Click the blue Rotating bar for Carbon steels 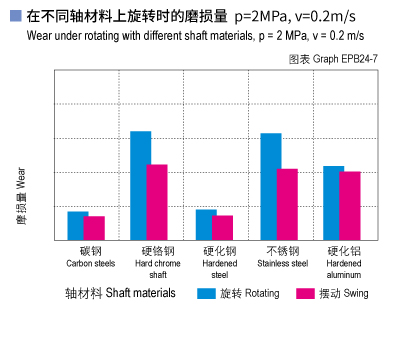click(78, 226)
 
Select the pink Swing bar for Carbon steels click(94, 228)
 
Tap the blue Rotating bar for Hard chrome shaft click(141, 186)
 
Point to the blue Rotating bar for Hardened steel click(206, 225)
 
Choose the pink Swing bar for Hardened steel click(222, 228)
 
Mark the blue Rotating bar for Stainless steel click(271, 187)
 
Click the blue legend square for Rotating click(206, 294)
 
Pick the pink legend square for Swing click(306, 294)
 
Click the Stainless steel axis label click(282, 257)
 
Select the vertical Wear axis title click(21, 194)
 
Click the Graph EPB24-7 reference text click(339, 60)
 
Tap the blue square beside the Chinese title click(14, 15)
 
